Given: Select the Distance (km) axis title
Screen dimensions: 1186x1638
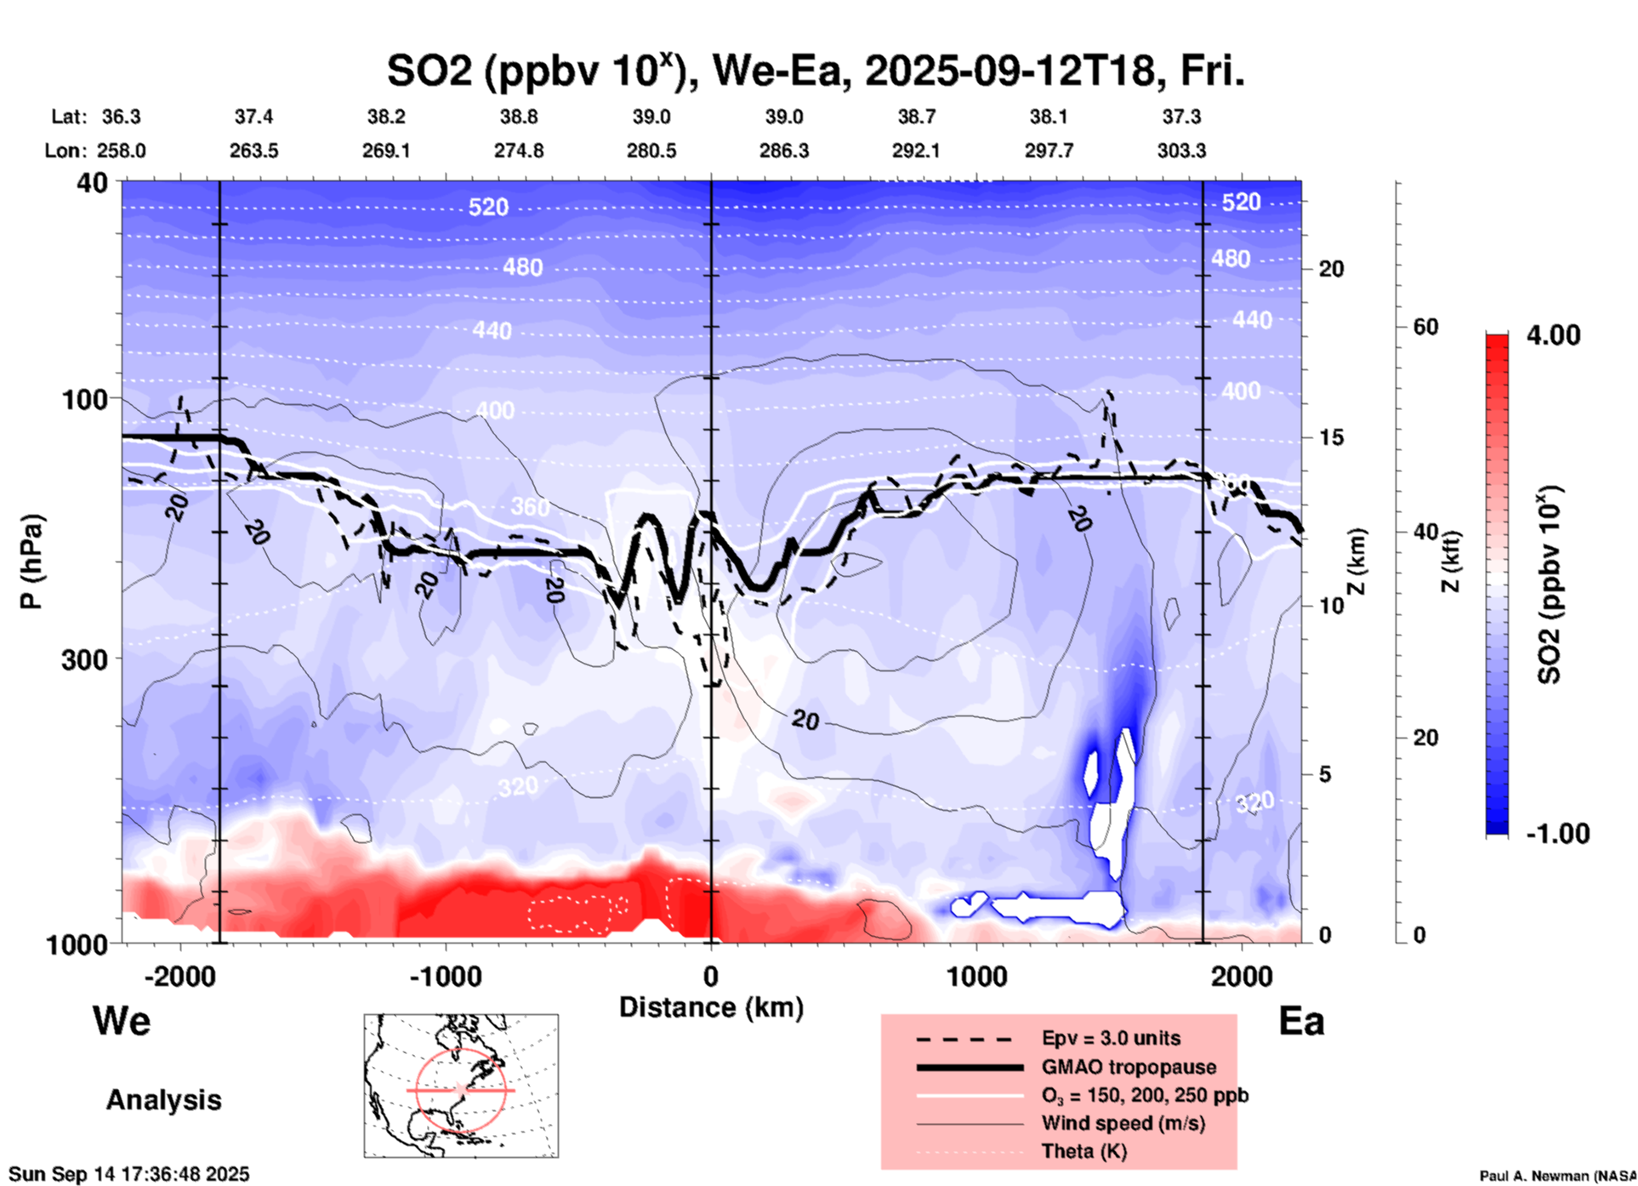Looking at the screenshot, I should [x=711, y=1007].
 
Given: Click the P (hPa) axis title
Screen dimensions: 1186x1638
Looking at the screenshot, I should [x=31, y=562].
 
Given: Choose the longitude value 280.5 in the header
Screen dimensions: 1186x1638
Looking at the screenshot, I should [x=651, y=151].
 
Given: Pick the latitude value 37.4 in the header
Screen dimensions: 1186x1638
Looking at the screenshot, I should [x=253, y=117].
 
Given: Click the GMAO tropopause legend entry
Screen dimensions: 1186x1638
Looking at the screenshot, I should [x=1129, y=1067].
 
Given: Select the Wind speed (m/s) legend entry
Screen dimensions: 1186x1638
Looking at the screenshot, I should [x=1123, y=1123].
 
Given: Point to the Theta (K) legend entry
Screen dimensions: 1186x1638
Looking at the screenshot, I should [x=1083, y=1151].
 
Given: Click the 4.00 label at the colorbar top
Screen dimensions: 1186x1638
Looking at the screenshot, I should [x=1553, y=334].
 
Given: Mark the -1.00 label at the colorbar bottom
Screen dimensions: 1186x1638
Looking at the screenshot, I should [x=1557, y=833].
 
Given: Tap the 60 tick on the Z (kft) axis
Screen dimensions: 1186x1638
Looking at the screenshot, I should [x=1425, y=327].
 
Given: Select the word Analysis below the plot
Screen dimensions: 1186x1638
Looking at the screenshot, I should [x=163, y=1099].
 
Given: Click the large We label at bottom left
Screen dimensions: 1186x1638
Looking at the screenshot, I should [x=122, y=1020].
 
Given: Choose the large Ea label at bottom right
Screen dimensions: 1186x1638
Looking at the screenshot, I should [x=1301, y=1021].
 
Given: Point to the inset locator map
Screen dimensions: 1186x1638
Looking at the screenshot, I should [x=461, y=1085].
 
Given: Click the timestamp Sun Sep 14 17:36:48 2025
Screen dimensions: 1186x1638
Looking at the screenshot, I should [x=129, y=1174].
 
